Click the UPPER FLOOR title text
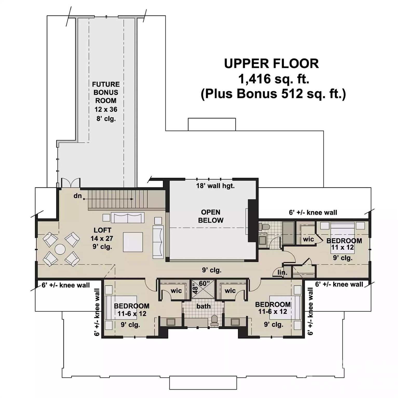(271, 64)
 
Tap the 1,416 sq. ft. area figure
(273, 79)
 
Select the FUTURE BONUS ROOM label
(106, 92)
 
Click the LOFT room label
(102, 230)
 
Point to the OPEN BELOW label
(211, 216)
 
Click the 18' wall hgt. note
(215, 186)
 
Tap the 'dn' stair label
(78, 196)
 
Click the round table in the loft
(60, 250)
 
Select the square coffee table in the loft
(133, 242)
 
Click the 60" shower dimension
(204, 283)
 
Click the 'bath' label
(203, 306)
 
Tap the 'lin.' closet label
(282, 273)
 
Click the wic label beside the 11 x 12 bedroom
(308, 239)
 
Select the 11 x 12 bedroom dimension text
(342, 247)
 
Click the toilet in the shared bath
(214, 320)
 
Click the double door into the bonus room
(70, 183)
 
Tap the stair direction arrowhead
(132, 199)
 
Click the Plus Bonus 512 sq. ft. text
(273, 94)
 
